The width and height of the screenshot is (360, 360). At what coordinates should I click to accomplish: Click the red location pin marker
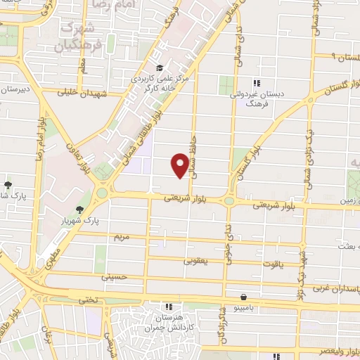pyautogui.click(x=180, y=165)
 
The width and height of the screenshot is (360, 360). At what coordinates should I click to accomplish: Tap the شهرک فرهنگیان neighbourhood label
pyautogui.click(x=69, y=37)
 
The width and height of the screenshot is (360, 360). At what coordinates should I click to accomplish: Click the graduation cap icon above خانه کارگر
pyautogui.click(x=160, y=68)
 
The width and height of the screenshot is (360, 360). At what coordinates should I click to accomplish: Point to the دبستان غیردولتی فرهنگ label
pyautogui.click(x=259, y=97)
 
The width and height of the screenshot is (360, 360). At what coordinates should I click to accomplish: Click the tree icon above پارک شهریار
pyautogui.click(x=79, y=209)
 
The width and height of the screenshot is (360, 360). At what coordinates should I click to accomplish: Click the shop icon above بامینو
pyautogui.click(x=243, y=297)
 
